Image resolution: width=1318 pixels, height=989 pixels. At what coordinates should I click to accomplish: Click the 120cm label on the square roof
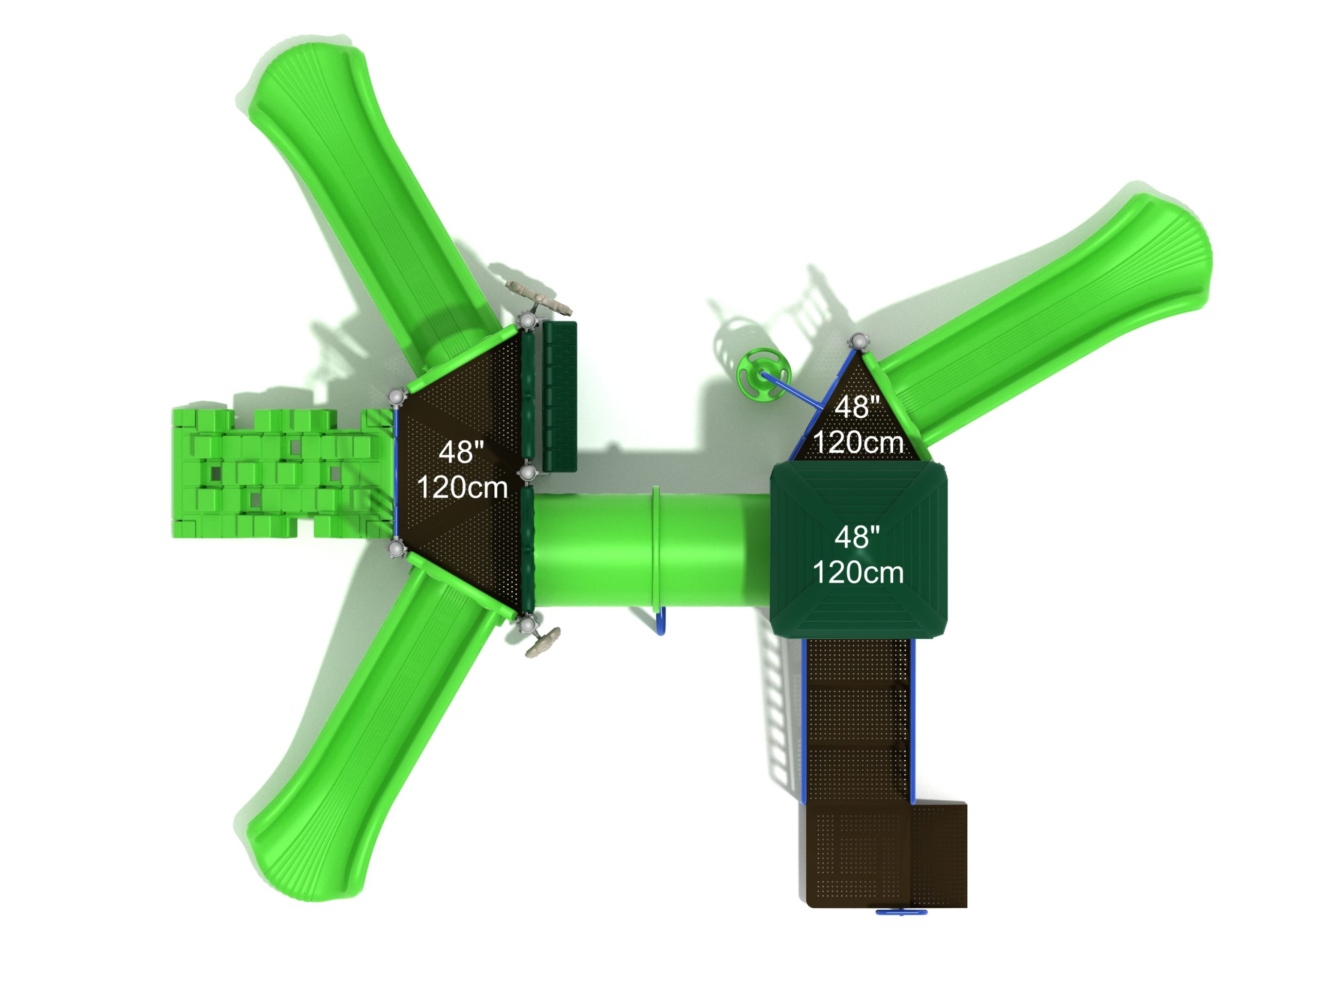point(858,572)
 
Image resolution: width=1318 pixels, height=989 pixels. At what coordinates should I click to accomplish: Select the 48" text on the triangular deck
point(857,407)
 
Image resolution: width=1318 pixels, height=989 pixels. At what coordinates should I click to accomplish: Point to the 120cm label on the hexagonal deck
point(462,487)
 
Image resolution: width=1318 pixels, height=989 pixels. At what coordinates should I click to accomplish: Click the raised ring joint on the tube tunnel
point(657,546)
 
